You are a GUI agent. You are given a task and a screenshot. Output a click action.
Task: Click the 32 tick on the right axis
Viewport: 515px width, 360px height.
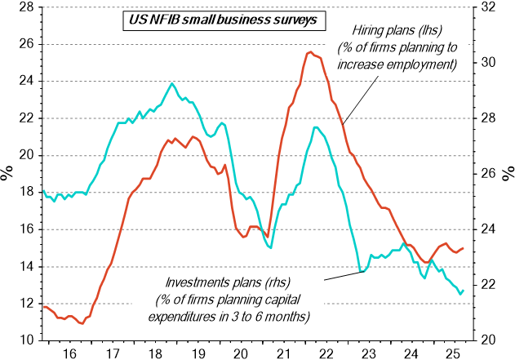pos(487,7)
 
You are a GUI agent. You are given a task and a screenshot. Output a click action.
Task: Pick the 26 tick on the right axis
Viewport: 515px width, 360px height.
pos(487,174)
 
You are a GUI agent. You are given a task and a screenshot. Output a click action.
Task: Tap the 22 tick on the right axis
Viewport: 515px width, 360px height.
pos(487,285)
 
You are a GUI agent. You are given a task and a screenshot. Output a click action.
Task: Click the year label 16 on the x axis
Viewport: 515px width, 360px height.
pos(69,354)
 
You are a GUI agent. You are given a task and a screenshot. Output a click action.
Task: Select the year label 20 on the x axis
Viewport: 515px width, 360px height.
pos(240,354)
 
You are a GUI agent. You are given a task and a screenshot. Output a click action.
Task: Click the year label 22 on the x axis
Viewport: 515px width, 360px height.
pos(326,354)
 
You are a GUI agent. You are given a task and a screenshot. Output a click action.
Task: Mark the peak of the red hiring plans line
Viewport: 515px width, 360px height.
pos(310,52)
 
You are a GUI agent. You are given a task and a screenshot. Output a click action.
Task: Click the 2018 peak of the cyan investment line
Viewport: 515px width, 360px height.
pos(172,83)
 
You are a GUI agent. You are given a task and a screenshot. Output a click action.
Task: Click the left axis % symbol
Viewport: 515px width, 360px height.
pos(7,172)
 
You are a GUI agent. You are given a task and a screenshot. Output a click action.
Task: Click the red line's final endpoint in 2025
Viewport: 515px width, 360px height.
pos(464,248)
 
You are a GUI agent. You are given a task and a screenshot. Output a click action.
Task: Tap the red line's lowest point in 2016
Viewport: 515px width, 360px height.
pos(81,323)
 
